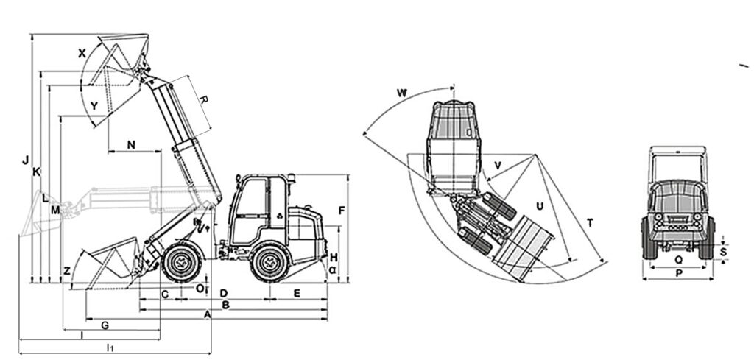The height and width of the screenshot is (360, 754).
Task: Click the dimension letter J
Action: tap(26, 160)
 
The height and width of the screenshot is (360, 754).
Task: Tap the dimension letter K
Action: tap(37, 172)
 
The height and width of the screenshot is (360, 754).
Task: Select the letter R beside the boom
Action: tap(203, 100)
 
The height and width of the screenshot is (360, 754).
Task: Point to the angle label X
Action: tap(82, 53)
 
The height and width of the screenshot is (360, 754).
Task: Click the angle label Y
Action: tap(94, 106)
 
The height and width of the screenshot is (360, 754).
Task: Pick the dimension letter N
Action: tap(131, 144)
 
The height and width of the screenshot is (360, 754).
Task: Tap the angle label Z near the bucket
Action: tap(67, 271)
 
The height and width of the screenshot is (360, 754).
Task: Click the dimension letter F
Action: tap(342, 211)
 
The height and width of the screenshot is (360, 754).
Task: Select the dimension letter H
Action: tap(334, 257)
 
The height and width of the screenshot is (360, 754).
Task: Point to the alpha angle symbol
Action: tap(332, 270)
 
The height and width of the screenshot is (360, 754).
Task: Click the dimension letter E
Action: tap(297, 293)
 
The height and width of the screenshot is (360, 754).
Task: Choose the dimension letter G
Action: tap(105, 325)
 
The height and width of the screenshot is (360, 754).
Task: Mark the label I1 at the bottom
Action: tap(110, 347)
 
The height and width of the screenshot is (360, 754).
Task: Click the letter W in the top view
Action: tap(402, 93)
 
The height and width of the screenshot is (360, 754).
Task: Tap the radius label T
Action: tap(590, 222)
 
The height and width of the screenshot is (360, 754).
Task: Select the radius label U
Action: tap(540, 206)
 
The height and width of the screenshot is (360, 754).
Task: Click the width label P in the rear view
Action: tap(678, 273)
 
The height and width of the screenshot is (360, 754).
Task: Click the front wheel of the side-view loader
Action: tap(182, 262)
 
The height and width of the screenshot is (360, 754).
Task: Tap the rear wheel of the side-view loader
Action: tap(270, 263)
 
